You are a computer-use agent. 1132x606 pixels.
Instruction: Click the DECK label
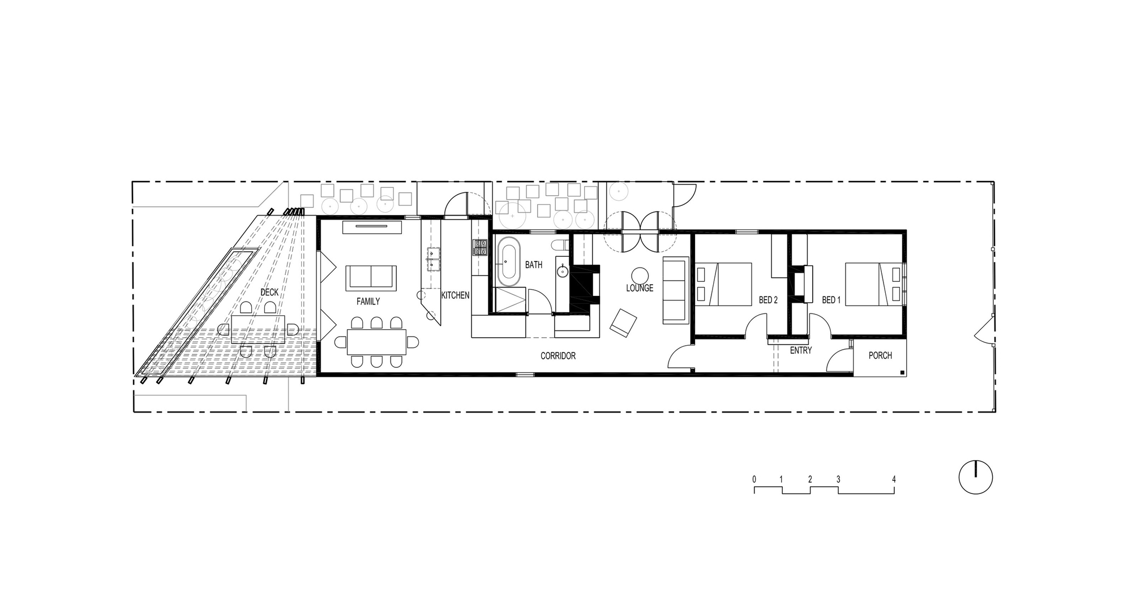point(269,292)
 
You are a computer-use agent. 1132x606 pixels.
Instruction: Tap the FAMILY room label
point(368,302)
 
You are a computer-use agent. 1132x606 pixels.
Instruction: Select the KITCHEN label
point(455,295)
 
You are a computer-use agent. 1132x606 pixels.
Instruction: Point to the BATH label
point(533,264)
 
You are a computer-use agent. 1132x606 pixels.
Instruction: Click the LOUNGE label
point(640,288)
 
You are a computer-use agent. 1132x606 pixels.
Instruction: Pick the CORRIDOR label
point(558,356)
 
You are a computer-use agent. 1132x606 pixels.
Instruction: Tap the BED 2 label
point(768,300)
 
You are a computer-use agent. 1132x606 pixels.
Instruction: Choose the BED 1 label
point(831,300)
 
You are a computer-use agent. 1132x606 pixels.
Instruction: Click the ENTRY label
point(801,350)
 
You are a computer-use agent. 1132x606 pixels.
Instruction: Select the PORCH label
point(880,355)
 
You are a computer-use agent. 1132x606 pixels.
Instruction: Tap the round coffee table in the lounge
point(640,276)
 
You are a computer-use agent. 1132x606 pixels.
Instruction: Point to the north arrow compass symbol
point(976,477)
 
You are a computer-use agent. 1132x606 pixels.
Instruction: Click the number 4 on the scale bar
point(894,479)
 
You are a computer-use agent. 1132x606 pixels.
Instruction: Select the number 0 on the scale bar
point(754,479)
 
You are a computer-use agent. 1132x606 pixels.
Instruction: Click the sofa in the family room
point(371,277)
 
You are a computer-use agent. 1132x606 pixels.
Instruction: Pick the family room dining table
point(376,342)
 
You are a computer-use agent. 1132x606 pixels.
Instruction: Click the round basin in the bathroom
point(562,272)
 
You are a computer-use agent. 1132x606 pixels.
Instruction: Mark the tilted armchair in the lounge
point(623,324)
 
